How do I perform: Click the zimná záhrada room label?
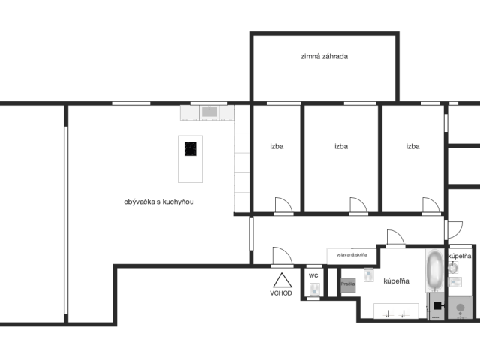coord(325,56)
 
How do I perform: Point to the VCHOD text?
coord(282,293)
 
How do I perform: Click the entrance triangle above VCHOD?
coord(282,280)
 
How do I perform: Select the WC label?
coord(313,275)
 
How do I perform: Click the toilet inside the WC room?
coord(313,287)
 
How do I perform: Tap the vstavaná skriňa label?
coord(351,255)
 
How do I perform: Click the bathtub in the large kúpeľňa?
coord(435,271)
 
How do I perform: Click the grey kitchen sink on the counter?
coord(208,112)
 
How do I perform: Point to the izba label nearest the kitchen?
coord(277,147)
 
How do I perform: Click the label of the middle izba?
coord(341,147)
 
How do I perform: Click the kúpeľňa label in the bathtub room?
coord(396,281)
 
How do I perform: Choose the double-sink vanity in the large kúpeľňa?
coord(396,311)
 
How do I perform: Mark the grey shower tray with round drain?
coord(460,307)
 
